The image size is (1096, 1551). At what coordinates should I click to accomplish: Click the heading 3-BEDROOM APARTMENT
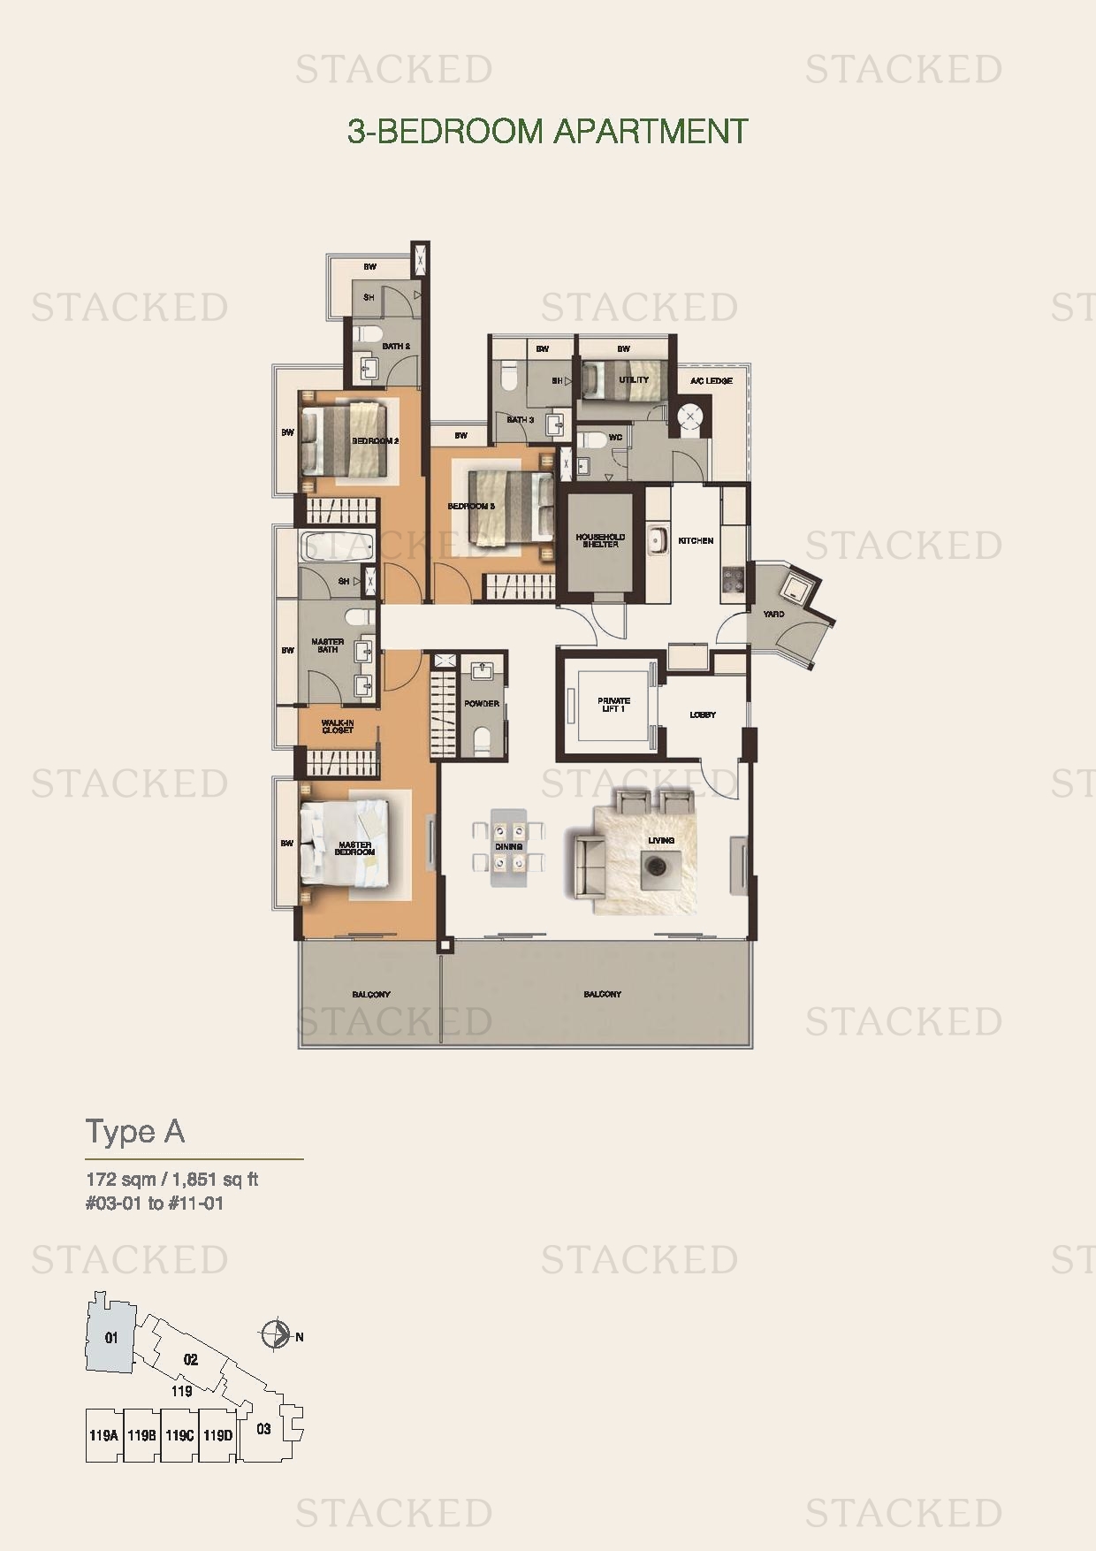click(547, 132)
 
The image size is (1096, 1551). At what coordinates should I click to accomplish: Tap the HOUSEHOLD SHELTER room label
click(600, 540)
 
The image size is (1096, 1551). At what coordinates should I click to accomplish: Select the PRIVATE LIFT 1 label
click(613, 705)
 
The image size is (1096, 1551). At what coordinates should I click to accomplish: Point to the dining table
click(508, 846)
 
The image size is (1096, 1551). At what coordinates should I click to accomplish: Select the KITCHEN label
click(696, 540)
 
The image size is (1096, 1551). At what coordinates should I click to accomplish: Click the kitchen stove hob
click(734, 579)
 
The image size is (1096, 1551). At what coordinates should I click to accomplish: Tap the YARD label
click(773, 614)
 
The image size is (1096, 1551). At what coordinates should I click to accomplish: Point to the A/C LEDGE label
click(712, 381)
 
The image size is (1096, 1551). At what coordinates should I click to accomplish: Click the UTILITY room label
click(634, 380)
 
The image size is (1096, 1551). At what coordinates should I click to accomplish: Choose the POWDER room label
click(482, 704)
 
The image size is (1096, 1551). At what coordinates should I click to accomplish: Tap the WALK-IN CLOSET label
click(338, 726)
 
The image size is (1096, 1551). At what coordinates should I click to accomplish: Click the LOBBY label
click(703, 714)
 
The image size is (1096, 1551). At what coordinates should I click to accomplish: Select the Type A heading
click(135, 1132)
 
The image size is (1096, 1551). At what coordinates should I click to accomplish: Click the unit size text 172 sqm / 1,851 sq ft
click(171, 1180)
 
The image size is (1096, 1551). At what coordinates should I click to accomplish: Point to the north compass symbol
click(276, 1334)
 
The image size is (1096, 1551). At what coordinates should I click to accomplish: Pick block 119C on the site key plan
click(179, 1435)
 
